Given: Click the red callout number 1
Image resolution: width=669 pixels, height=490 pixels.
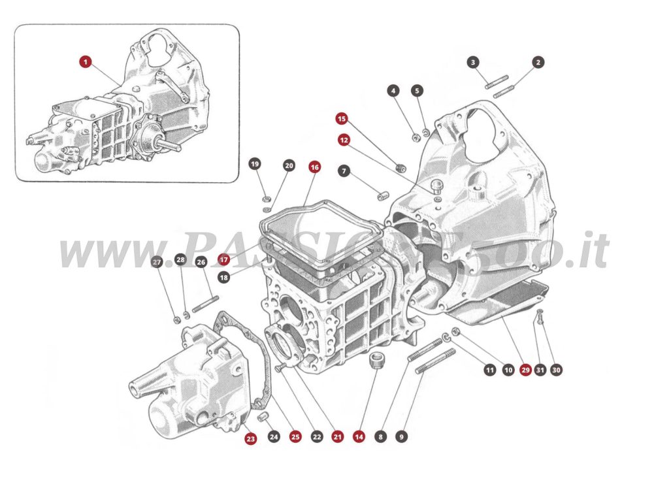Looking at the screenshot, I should [86, 62].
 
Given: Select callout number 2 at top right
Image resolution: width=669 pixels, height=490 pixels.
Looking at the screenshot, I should [538, 63].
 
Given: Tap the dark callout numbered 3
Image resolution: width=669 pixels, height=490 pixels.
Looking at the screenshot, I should [474, 63].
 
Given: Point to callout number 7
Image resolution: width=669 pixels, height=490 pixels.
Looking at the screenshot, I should [344, 171].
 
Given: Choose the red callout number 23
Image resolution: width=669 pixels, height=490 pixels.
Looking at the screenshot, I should [251, 438].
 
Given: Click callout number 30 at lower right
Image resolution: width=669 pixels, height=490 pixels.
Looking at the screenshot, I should [556, 370].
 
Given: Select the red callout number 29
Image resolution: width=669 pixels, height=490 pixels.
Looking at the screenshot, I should [525, 370].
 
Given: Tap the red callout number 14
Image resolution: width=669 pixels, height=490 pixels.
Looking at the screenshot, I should [358, 436].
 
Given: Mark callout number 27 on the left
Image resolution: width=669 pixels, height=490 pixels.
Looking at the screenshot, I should [156, 262].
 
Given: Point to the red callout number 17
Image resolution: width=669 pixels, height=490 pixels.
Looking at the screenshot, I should [224, 259].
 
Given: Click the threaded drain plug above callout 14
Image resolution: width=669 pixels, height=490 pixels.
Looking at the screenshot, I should [376, 361].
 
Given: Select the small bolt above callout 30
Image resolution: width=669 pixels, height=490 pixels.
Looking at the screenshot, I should [540, 318].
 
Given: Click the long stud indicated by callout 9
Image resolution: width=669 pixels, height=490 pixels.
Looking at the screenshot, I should [435, 361].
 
